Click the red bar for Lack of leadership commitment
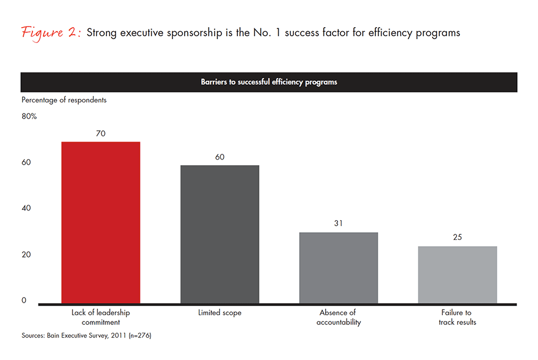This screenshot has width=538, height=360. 101,222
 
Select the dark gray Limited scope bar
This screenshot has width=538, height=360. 220,234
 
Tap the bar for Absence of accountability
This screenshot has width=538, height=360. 339,268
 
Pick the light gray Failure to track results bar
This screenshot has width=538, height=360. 458,275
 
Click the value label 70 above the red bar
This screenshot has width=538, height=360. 101,134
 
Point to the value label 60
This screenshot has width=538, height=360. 220,157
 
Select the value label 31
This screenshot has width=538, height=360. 339,224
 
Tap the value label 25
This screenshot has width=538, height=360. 458,237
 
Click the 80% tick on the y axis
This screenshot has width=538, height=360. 29,117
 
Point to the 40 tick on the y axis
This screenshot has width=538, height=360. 26,208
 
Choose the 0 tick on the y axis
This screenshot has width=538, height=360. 24,300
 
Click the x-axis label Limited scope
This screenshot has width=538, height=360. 220,313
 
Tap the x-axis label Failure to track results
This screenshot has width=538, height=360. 458,318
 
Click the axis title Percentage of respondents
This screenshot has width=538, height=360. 64,100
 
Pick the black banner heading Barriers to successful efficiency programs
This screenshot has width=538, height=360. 269,82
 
